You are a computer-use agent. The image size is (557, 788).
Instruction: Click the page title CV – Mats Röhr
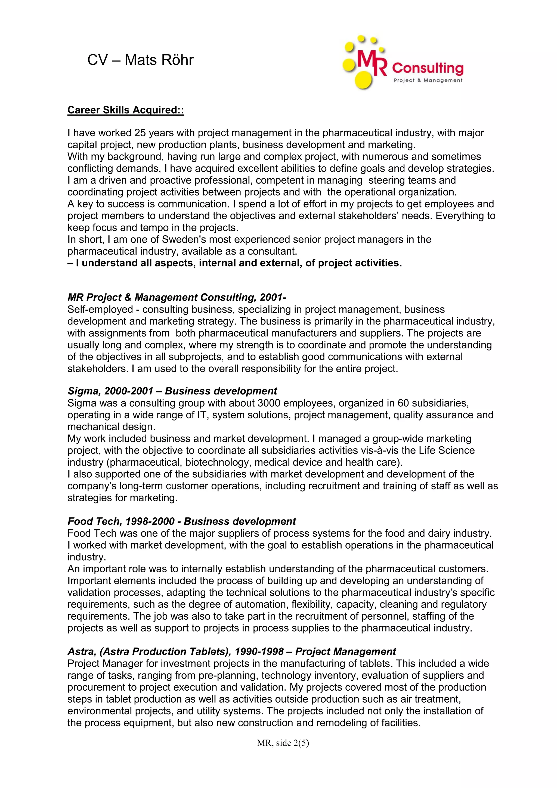coord(140,60)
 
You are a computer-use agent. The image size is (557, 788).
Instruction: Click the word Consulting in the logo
coord(427,68)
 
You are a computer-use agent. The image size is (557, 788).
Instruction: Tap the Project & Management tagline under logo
coord(428,80)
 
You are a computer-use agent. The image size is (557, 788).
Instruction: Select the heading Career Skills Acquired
coord(126,110)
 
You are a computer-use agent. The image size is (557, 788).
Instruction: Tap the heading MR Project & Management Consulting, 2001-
coord(177,297)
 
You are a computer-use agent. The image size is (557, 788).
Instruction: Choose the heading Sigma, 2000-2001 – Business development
coord(172,391)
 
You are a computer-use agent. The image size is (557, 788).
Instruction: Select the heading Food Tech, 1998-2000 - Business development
coord(182,521)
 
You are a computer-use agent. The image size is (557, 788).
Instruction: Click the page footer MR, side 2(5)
coord(283,743)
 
